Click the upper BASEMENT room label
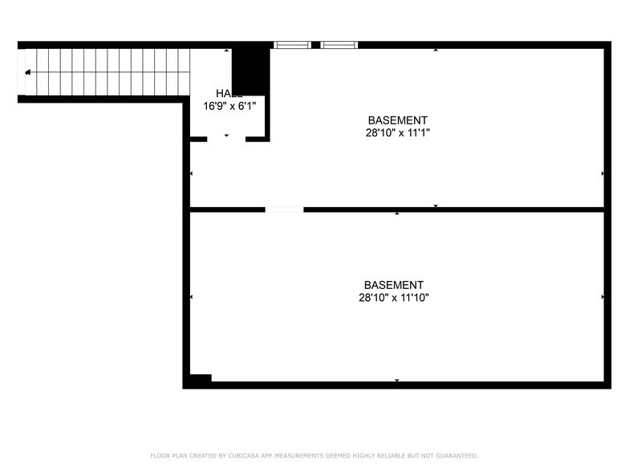(398, 120)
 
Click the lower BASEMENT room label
(393, 285)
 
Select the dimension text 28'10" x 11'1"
(398, 133)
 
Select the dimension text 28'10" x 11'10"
(394, 298)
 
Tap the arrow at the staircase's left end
(28, 72)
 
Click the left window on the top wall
(291, 45)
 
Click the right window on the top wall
(339, 45)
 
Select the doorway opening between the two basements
(284, 210)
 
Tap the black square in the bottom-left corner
(199, 380)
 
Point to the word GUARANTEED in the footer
(452, 456)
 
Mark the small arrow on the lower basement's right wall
(603, 297)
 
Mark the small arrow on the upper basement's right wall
(603, 173)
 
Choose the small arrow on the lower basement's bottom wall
(396, 380)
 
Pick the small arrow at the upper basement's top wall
(436, 50)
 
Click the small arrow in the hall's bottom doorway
(226, 136)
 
